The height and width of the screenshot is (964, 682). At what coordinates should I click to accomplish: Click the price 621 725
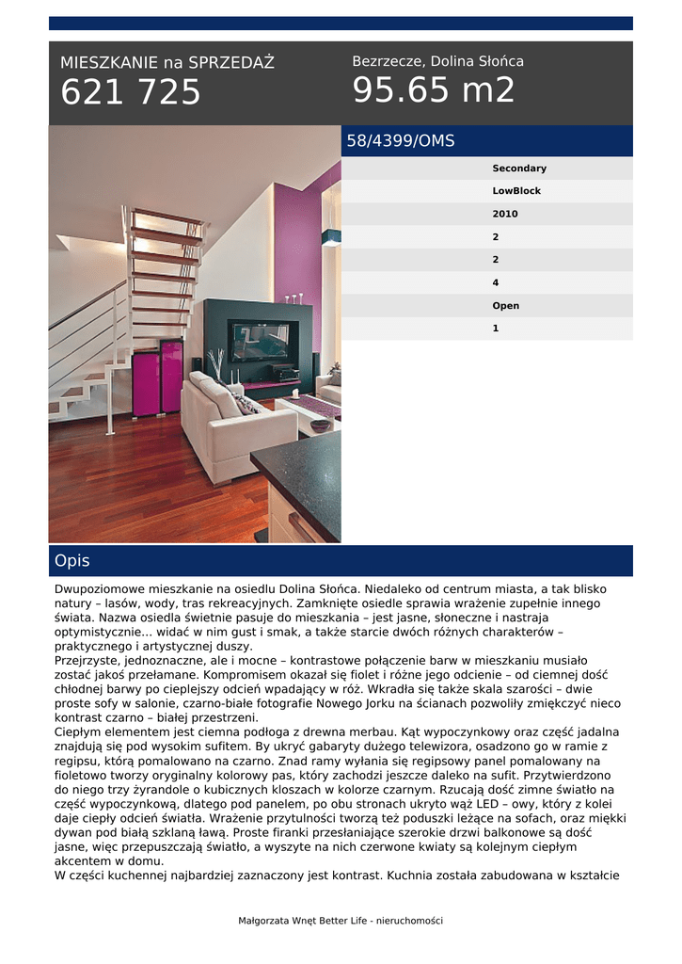coord(131,92)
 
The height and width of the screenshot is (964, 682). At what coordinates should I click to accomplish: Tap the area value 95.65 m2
coord(434,90)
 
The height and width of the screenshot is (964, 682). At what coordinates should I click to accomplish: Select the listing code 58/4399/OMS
coord(401,141)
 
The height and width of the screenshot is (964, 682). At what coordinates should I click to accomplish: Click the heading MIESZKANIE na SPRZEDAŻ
coord(167,63)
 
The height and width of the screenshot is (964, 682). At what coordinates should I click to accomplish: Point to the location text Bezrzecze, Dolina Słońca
coord(437,61)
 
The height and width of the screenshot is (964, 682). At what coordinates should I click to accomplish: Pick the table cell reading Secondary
coord(519,169)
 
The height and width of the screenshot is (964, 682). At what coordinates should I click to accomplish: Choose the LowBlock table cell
coord(516,191)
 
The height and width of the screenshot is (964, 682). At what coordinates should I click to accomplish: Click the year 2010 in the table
coord(505,214)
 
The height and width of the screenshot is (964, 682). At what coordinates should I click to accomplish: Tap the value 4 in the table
coord(496,282)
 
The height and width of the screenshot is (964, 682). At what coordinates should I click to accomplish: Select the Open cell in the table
coord(505,306)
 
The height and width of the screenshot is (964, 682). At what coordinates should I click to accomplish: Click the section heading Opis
coord(72,561)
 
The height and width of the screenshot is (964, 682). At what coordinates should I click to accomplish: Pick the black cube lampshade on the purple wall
coord(330,237)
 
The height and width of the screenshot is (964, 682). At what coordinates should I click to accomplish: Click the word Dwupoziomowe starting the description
coord(99,588)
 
